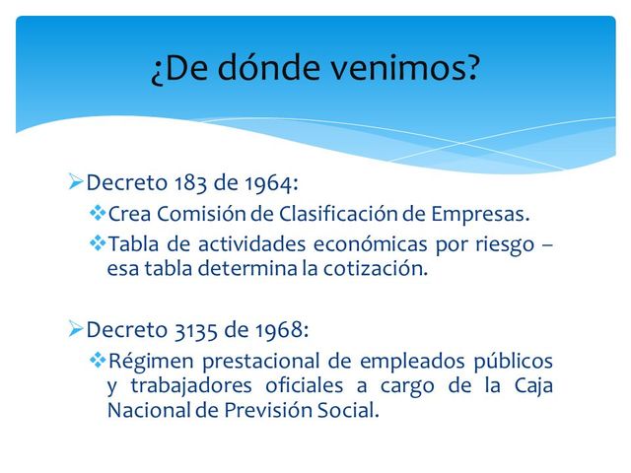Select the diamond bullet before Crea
pyautogui.click(x=97, y=213)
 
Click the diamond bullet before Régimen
pyautogui.click(x=97, y=361)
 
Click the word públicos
pyautogui.click(x=509, y=362)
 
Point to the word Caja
pyautogui.click(x=533, y=386)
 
